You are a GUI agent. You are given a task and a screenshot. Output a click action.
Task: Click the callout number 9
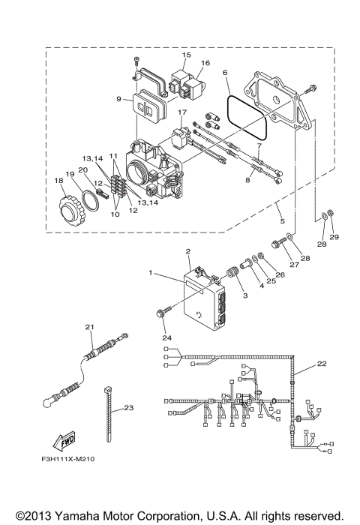[x=118, y=97]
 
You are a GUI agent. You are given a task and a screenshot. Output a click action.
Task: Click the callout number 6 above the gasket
[x=225, y=73]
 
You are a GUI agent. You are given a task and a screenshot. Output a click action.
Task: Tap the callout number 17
[x=181, y=113]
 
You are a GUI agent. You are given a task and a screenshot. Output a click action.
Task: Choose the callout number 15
[x=187, y=55]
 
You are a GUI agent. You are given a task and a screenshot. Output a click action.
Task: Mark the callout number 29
[x=334, y=237]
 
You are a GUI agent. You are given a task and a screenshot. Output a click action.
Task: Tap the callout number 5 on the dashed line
[x=280, y=222]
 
